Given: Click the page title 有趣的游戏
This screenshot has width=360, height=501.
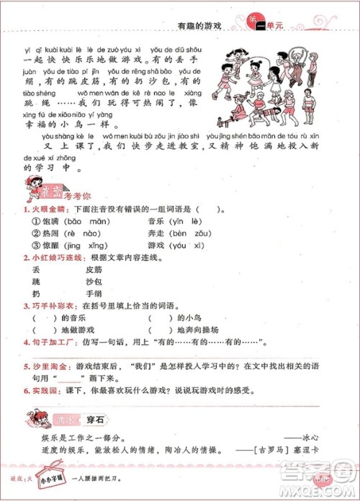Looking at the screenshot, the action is pos(198,24).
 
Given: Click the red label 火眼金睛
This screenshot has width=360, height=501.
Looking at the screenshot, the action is pos(30,210).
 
